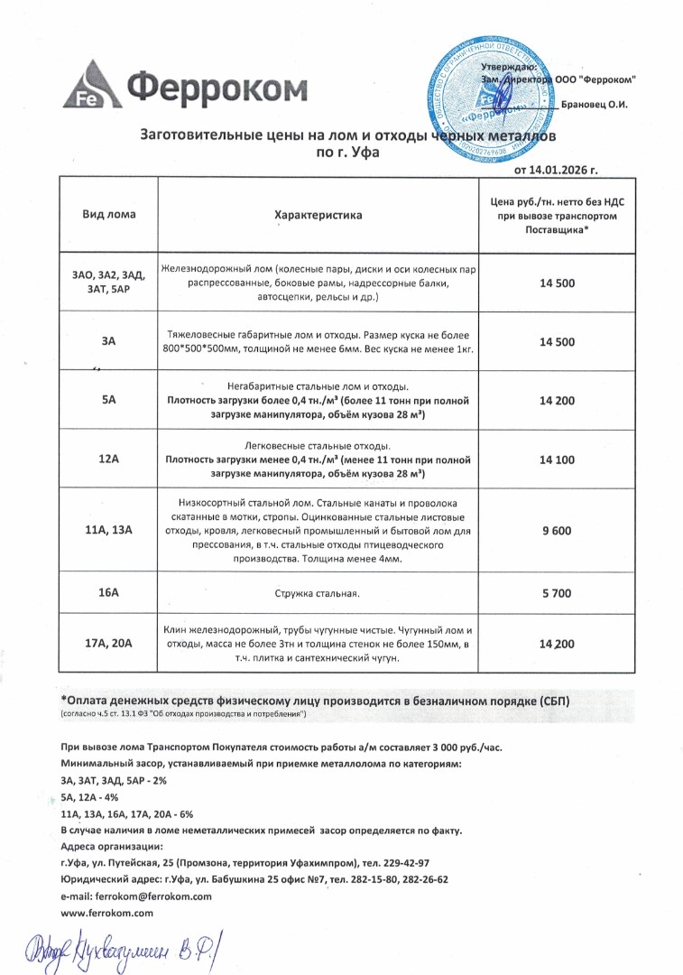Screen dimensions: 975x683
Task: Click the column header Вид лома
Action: click(109, 215)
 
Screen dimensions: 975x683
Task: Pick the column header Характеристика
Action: click(318, 216)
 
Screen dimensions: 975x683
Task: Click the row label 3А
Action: click(109, 341)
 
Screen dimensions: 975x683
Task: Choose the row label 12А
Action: click(109, 460)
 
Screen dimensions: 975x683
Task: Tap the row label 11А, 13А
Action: click(109, 530)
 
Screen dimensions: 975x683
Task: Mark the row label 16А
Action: click(109, 592)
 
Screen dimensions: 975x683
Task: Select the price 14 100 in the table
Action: click(557, 460)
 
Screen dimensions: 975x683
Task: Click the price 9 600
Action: click(557, 530)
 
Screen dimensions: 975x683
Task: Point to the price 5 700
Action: click(557, 592)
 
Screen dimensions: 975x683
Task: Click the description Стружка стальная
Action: click(318, 593)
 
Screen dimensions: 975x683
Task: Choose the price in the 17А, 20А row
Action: click(557, 643)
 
